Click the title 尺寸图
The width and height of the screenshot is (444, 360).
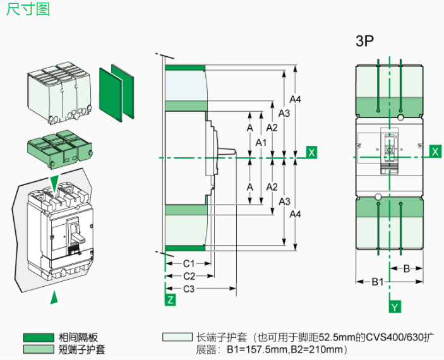[x=28, y=11]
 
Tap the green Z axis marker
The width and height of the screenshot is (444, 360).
[x=170, y=300]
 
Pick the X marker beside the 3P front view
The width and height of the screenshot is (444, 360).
[x=435, y=151]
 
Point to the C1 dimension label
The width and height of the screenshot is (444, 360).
[x=188, y=263]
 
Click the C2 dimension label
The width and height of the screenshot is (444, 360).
[x=189, y=276]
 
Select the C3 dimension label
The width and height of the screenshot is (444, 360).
[x=189, y=289]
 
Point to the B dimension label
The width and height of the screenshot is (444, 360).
[x=407, y=268]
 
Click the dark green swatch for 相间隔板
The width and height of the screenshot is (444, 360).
[x=38, y=338]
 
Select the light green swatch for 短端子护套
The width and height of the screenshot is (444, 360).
[x=38, y=349]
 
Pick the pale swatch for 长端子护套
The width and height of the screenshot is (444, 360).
[x=177, y=338]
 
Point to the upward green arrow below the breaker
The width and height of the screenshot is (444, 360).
[x=55, y=296]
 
